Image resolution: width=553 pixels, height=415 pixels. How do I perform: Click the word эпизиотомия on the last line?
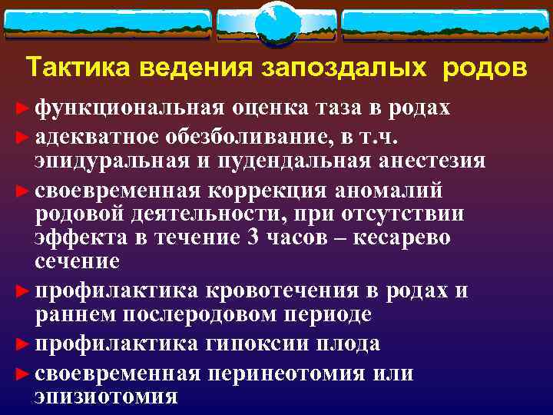106,397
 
